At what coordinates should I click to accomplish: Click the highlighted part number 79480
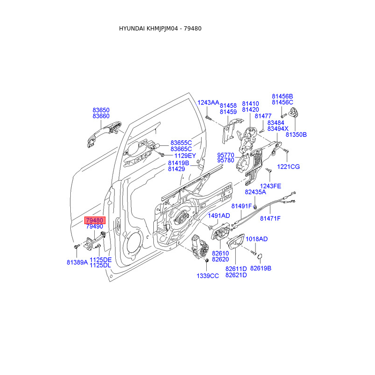tap(95, 220)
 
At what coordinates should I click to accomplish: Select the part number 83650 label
tap(101, 110)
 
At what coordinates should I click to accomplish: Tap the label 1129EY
tap(185, 156)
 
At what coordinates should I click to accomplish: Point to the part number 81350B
tap(296, 135)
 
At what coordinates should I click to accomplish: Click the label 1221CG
tap(288, 167)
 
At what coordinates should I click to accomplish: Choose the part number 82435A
tap(255, 192)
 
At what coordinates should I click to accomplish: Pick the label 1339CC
tap(208, 276)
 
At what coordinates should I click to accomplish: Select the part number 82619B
tap(261, 268)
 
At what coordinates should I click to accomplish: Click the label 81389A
tap(77, 262)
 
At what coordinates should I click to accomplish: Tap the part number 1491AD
tap(219, 216)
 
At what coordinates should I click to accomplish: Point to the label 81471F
tap(270, 218)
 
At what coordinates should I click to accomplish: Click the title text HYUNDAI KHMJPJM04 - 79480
tap(160, 29)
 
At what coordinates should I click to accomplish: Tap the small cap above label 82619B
tap(260, 256)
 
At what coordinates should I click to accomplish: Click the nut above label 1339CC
tap(207, 260)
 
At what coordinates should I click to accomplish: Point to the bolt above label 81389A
tap(76, 247)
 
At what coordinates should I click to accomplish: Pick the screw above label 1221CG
tap(286, 150)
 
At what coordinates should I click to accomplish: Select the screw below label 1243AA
tap(208, 118)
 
